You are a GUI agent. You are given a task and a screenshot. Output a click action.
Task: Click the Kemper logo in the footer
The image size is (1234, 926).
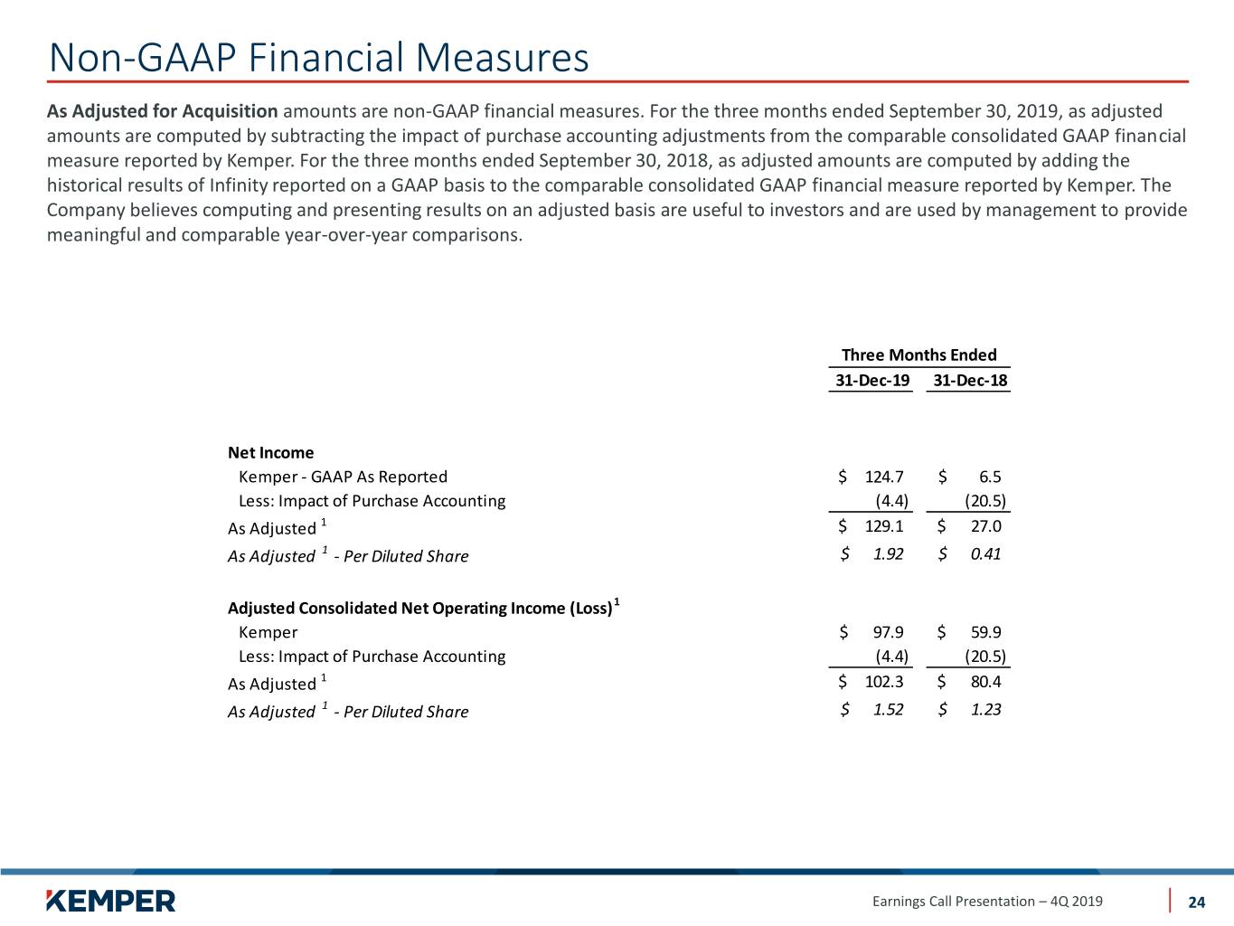pos(111,901)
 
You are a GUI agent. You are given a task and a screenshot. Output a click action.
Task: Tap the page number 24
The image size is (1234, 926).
pos(1196,902)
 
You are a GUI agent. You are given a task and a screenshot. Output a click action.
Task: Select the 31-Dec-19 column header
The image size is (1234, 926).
pos(872,381)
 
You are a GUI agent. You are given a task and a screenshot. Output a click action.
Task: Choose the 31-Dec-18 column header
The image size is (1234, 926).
pos(970,381)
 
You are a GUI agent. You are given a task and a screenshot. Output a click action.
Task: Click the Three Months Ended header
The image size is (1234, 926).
pos(918,354)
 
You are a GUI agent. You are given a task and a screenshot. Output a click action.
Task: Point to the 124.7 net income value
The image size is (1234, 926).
pos(884,477)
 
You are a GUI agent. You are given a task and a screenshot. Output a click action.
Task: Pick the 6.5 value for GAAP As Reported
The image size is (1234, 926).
pos(989,477)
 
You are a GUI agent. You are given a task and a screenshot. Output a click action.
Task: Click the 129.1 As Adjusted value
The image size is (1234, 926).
pos(884,526)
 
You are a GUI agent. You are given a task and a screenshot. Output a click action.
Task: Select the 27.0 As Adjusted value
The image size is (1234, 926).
pos(985,526)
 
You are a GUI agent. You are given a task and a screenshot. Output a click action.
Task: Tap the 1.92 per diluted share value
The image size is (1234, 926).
pos(888,554)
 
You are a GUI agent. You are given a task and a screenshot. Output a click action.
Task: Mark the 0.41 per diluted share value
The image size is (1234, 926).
pos(985,554)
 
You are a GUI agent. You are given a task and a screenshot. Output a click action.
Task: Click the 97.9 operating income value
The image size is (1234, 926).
pos(888,632)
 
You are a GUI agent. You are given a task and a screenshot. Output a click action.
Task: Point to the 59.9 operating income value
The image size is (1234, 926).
pos(985,632)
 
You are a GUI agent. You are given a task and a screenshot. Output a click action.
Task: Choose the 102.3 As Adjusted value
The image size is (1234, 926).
pos(884,682)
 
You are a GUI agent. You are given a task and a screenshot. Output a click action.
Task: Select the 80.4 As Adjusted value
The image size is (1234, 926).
pos(985,682)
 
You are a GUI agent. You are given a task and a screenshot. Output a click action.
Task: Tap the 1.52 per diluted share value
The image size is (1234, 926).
pos(888,710)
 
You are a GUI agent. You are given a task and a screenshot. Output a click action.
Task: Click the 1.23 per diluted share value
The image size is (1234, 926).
pos(985,710)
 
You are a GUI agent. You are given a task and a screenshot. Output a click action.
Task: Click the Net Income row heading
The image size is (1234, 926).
pos(270,452)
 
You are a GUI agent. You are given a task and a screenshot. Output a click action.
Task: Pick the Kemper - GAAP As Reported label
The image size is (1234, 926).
pos(343,477)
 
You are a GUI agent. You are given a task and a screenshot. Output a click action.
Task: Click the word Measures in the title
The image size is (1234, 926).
pos(502,58)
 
